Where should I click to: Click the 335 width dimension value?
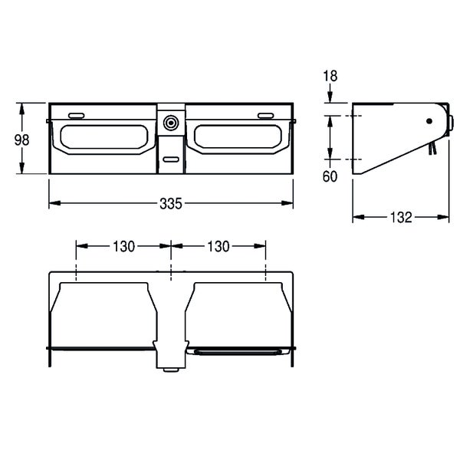coord(171,204)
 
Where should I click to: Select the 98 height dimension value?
coord(21,140)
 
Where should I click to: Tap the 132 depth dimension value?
coord(401,218)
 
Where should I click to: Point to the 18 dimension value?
coord(330,76)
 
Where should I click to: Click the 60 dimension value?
coord(330,176)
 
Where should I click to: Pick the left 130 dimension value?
coord(123,246)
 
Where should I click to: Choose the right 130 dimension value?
coord(219,246)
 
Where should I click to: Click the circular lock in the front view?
coord(171,123)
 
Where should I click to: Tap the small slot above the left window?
coord(76,116)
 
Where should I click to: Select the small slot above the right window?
coord(266,116)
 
